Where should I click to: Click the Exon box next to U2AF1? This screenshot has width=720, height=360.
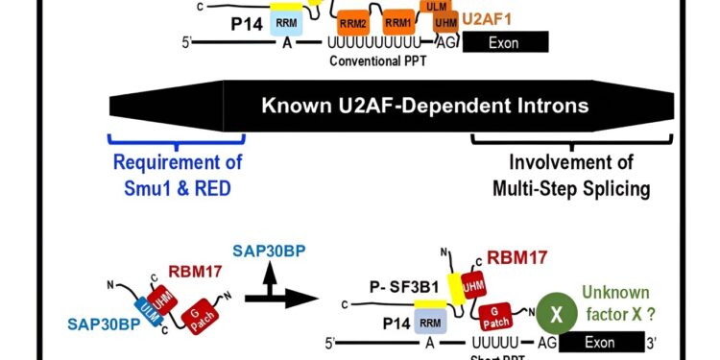click(506, 41)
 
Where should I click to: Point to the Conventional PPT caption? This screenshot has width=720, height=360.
click(377, 59)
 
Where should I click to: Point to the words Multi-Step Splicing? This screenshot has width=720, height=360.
click(570, 187)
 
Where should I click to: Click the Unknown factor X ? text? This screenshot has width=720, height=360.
click(614, 301)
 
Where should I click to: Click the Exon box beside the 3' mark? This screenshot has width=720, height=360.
click(600, 343)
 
